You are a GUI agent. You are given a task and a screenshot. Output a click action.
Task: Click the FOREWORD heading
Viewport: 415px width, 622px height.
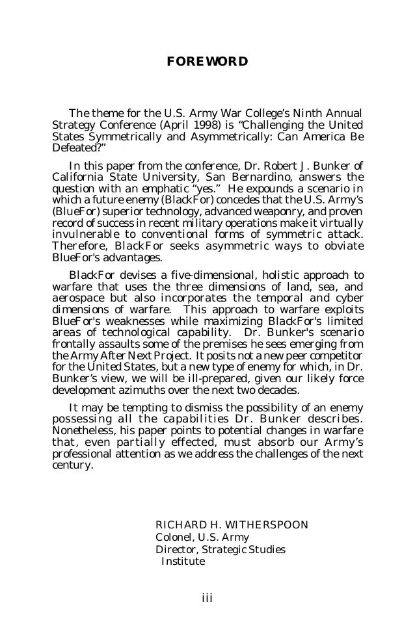tap(207, 62)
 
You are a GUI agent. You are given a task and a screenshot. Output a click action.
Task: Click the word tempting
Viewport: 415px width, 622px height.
tap(147, 408)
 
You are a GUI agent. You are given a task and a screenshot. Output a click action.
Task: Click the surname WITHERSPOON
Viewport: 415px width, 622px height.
tap(263, 525)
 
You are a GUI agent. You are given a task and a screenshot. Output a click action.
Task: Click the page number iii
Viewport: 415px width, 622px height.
tap(207, 597)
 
